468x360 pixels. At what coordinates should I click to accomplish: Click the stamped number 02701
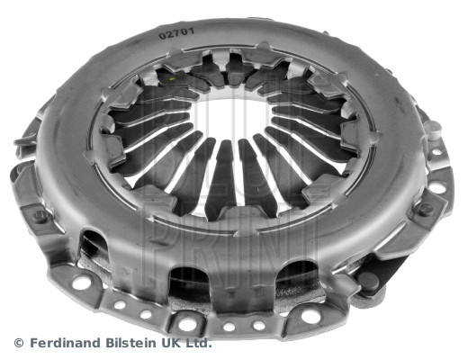[x=176, y=33]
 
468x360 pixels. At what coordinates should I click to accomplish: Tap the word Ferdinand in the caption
[x=66, y=343]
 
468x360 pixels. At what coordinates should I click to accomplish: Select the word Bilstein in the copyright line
[x=130, y=343]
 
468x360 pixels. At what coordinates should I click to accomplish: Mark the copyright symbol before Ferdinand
[x=19, y=343]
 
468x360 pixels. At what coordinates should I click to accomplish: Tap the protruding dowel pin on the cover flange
[x=434, y=129]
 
